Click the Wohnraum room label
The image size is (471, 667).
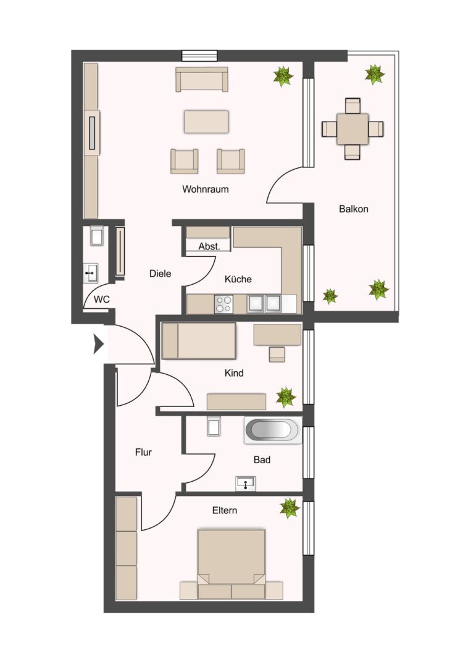(x=205, y=189)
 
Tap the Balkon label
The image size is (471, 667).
(x=353, y=209)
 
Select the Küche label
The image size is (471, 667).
(x=238, y=279)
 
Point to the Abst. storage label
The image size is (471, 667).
(x=209, y=246)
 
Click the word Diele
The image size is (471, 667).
(x=160, y=274)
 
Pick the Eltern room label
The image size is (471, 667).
(x=224, y=510)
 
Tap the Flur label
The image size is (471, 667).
(x=143, y=452)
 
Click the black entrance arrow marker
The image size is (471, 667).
(x=98, y=344)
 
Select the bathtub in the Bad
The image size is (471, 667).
(x=273, y=430)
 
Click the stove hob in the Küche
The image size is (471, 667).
(x=223, y=304)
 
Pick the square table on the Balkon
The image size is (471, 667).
(x=352, y=128)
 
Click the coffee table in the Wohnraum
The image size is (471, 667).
(x=206, y=121)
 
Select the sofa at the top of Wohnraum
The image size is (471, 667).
(x=202, y=79)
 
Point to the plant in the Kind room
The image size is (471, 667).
(x=285, y=396)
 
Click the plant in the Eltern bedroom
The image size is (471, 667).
(x=289, y=508)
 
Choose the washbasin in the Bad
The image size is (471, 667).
(x=246, y=484)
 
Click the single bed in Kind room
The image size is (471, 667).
(x=199, y=341)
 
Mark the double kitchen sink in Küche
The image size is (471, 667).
(x=264, y=303)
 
